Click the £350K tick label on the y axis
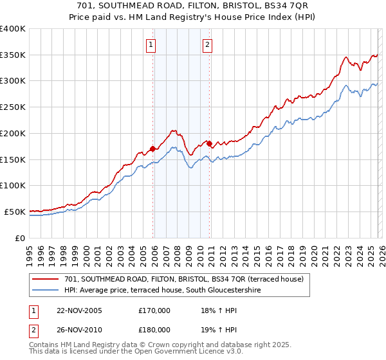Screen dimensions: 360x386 coord(13,55)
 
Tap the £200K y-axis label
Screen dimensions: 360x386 coord(13,134)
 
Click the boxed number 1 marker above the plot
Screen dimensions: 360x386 coord(151,44)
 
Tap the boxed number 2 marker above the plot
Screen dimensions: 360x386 coord(208,44)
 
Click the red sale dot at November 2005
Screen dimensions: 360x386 coord(153,149)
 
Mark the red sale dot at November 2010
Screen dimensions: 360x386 coord(210,143)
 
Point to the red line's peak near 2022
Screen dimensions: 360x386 coord(345,57)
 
